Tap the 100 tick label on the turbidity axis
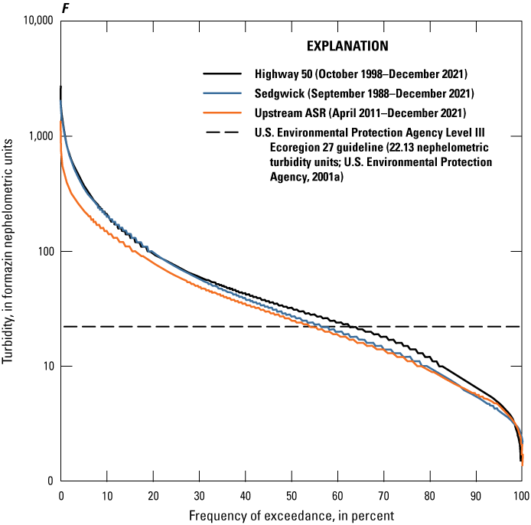[43, 251]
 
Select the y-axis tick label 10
[46, 367]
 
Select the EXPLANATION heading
[347, 46]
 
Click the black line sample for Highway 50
[222, 74]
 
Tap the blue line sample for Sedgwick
[222, 94]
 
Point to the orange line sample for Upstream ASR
[222, 114]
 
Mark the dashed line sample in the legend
[222, 133]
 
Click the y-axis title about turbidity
[9, 251]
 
